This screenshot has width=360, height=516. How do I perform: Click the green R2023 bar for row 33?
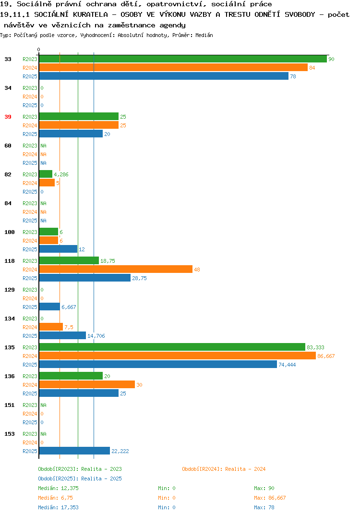tap(183, 59)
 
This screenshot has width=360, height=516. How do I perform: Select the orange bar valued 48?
tap(116, 269)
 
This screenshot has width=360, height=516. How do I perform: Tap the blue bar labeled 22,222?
tap(74, 451)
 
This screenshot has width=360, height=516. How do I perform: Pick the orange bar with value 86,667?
tap(177, 356)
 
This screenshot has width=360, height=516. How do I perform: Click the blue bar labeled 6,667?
tap(49, 307)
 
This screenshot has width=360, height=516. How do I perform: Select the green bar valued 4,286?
tap(46, 174)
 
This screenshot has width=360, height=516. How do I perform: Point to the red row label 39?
tap(8, 117)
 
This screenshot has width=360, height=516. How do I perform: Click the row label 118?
tap(10, 261)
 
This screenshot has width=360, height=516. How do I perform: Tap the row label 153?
tap(10, 434)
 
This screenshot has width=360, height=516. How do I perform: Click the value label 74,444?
tap(287, 365)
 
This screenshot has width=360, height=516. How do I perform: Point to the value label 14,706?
tap(96, 336)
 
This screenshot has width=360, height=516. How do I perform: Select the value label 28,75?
tap(139, 278)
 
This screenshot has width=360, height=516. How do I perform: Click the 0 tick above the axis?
tap(38, 49)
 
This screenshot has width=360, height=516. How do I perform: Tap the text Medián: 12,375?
tap(58, 488)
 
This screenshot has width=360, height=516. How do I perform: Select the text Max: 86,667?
tap(270, 498)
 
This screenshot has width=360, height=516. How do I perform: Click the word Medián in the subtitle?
tap(204, 35)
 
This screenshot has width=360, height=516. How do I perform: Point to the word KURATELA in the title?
tap(90, 14)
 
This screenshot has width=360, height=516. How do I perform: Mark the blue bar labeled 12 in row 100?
tap(58, 249)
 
